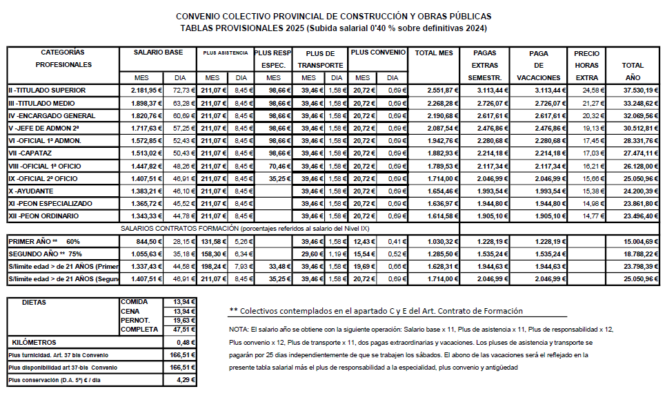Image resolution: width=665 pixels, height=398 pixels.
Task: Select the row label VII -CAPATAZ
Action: [28, 153]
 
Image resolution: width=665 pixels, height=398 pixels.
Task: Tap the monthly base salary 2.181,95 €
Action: [146, 90]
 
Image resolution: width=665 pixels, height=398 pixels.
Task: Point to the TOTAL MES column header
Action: [434, 53]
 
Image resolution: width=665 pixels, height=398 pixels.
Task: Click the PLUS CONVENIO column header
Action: [377, 52]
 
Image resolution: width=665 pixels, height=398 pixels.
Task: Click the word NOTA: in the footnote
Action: [239, 330]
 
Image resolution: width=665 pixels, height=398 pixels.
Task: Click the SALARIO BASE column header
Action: [158, 52]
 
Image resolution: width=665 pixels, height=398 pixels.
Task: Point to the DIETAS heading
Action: [35, 303]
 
